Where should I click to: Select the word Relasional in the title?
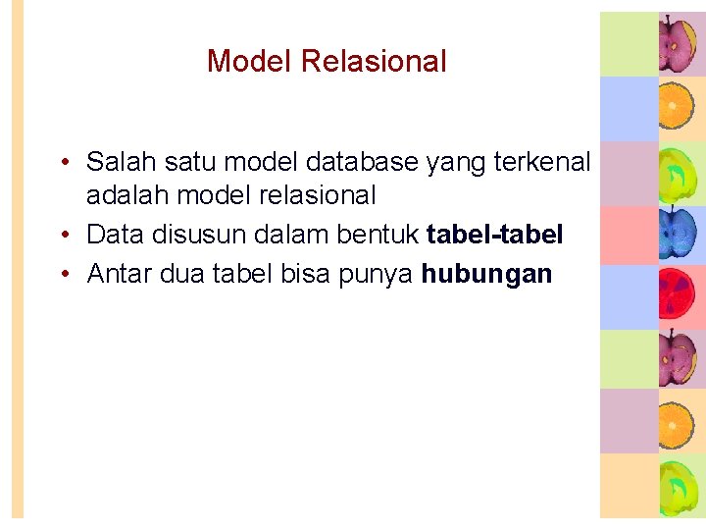coord(374,62)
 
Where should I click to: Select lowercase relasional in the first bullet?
coord(314,195)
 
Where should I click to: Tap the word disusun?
coord(200,235)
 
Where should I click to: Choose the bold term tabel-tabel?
coord(494,235)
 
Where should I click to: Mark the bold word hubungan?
coord(486,274)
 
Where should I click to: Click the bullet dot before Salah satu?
coord(62,162)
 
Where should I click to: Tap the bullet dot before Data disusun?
coord(62,236)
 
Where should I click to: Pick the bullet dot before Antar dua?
coord(62,275)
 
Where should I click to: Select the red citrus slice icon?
coord(677,296)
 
